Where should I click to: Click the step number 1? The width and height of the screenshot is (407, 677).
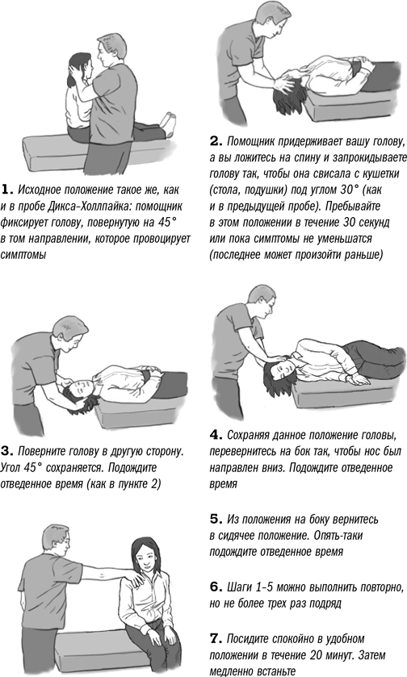click(7, 190)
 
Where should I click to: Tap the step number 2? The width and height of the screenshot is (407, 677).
click(216, 141)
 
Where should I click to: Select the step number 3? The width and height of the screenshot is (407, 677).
click(7, 452)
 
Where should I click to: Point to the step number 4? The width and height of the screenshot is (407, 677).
click(216, 435)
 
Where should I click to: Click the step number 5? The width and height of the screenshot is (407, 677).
click(216, 519)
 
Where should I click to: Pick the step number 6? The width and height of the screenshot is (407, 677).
click(216, 587)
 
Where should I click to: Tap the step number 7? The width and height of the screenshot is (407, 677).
click(216, 638)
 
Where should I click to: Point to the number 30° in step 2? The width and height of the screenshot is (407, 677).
click(354, 190)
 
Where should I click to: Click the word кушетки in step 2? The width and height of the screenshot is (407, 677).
click(380, 174)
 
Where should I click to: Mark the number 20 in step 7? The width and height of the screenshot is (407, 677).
click(316, 655)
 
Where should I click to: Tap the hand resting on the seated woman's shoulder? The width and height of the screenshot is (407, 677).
click(136, 579)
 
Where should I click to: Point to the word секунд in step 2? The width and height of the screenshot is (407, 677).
click(373, 223)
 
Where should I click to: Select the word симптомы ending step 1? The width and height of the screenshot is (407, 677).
click(23, 255)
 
